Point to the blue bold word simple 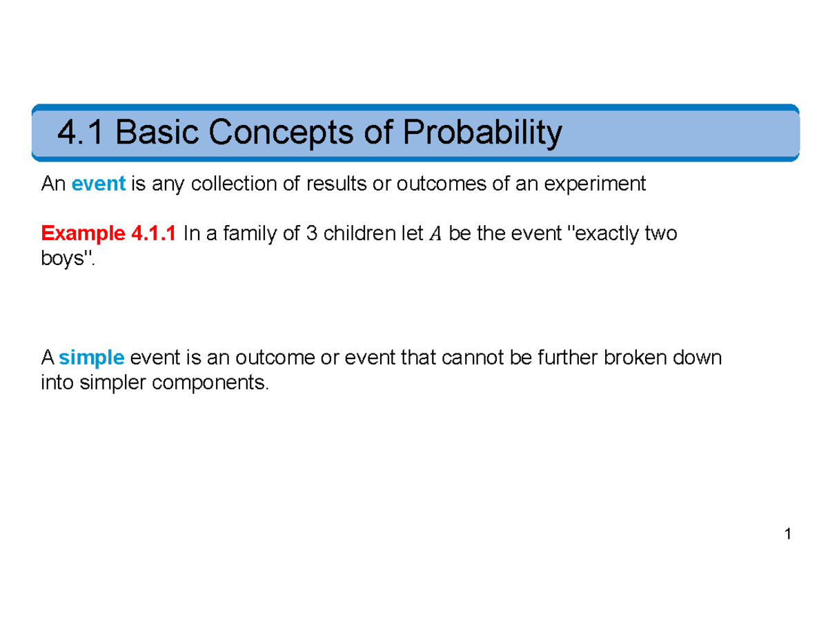(x=91, y=358)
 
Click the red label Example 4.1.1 (x=110, y=234)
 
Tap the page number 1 (x=787, y=534)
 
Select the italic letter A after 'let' (x=433, y=235)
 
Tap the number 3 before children (x=311, y=234)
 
